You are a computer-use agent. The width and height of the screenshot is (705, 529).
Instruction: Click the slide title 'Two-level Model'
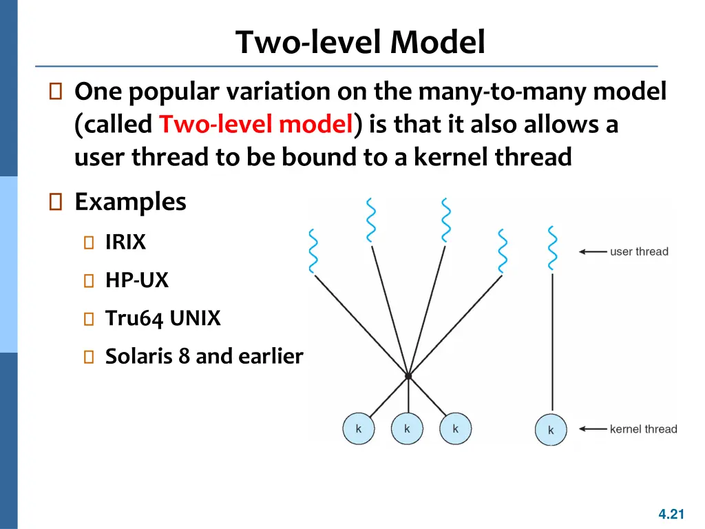click(360, 42)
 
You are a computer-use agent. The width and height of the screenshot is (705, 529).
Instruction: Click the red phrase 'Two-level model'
click(256, 124)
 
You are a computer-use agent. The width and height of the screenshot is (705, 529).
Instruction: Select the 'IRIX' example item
click(125, 242)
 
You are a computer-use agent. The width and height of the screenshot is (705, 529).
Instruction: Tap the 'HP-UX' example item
click(137, 280)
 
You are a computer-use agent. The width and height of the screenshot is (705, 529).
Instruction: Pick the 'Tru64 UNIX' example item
click(162, 318)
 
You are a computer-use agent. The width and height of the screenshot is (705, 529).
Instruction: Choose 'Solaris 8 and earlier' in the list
click(204, 356)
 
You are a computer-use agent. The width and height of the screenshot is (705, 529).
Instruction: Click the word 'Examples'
click(130, 202)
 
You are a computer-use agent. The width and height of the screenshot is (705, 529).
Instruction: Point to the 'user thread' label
click(639, 251)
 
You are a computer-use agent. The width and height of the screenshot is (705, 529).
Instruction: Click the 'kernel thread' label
click(644, 429)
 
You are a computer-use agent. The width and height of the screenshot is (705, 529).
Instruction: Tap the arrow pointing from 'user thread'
click(593, 251)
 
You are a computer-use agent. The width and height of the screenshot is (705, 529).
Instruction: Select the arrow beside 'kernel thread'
click(593, 429)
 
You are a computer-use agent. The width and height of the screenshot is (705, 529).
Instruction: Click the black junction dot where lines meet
click(408, 375)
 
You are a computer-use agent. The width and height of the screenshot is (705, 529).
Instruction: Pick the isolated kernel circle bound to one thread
click(551, 430)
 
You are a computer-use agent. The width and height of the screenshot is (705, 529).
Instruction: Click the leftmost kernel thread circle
click(358, 428)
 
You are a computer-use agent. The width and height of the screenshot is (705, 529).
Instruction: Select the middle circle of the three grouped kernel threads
click(407, 428)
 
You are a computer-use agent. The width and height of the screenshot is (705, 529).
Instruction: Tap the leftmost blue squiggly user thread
click(313, 251)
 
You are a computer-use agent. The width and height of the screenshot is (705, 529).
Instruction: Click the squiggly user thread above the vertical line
click(553, 248)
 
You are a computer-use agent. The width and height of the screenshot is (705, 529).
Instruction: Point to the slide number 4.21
click(671, 514)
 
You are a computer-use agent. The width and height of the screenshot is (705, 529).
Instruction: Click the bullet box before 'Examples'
click(55, 202)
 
